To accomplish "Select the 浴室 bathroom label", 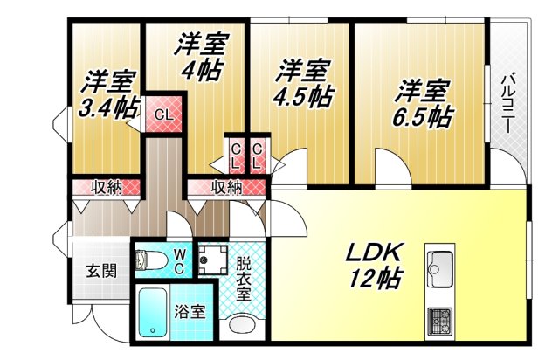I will pyautogui.click(x=190, y=311).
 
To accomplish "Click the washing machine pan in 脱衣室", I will pyautogui.click(x=211, y=260).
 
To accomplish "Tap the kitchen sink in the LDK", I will pyautogui.click(x=439, y=264).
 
